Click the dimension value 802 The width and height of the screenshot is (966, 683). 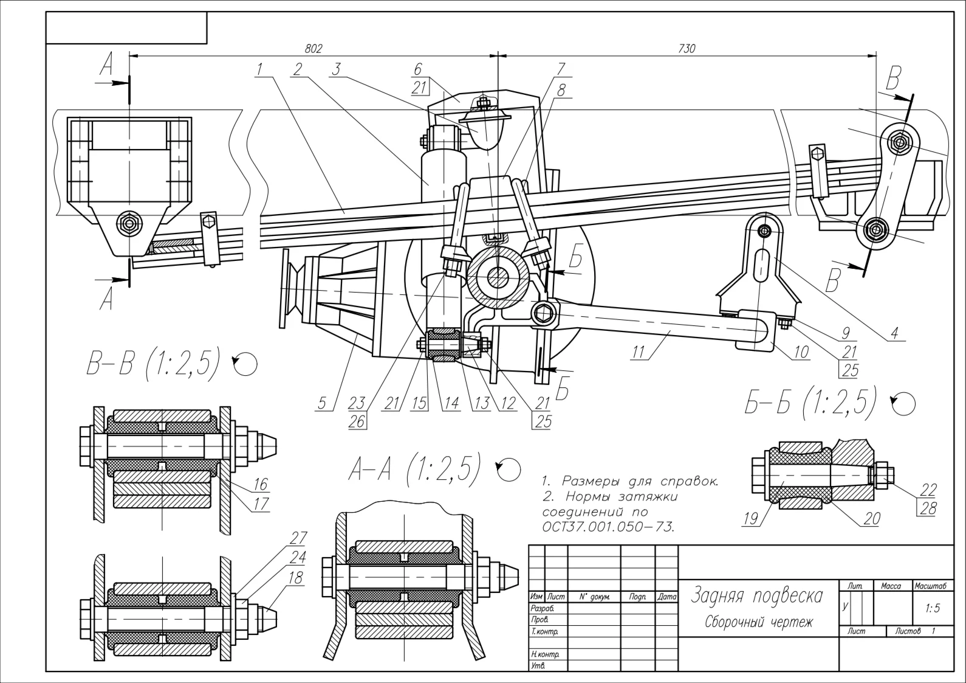pos(313,48)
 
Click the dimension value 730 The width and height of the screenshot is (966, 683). pos(687,48)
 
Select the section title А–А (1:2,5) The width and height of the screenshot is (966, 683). pos(414,470)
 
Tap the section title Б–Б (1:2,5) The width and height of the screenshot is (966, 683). pos(810,402)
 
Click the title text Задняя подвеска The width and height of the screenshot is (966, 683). pos(756,595)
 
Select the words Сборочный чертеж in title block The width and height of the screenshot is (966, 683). pos(758,622)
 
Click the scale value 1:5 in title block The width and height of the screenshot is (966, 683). pos(933,608)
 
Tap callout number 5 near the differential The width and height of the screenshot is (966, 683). pos(322,403)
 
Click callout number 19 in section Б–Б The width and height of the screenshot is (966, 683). pos(750,518)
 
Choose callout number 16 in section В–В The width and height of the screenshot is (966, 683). pos(261,484)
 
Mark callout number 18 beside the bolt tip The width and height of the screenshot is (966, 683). pos(295,578)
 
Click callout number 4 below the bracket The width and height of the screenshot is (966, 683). pos(894,333)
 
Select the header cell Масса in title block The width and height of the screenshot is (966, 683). pos(891,586)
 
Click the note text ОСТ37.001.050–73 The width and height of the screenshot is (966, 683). pos(608,526)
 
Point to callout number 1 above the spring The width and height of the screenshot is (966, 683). pos(259,69)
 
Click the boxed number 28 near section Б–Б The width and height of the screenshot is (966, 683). pos(928,508)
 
